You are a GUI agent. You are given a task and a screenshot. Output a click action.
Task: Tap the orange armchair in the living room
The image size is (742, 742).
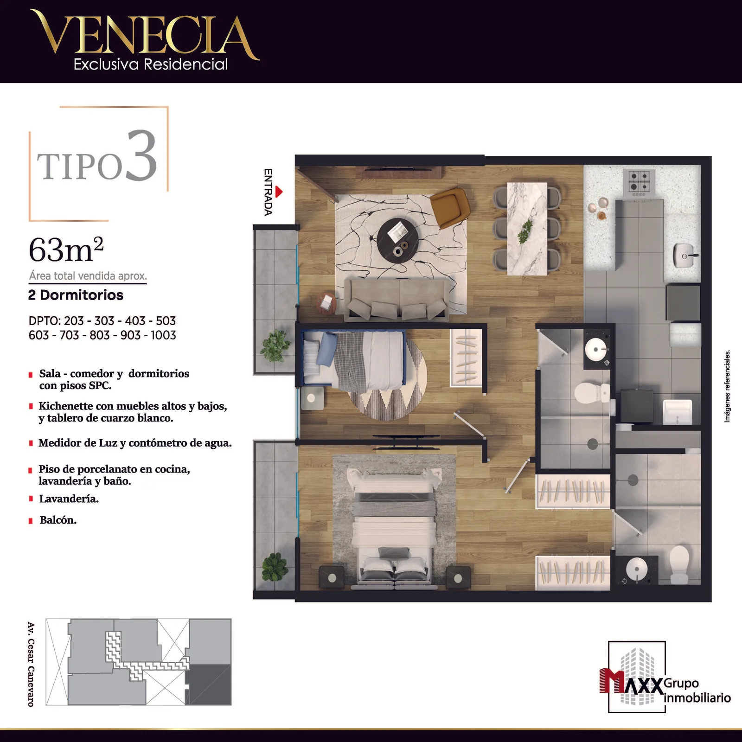pyautogui.click(x=450, y=207)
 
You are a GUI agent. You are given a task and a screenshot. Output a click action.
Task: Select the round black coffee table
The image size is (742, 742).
pyautogui.click(x=398, y=239)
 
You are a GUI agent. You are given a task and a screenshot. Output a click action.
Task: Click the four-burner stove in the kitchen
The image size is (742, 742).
pyautogui.click(x=641, y=181)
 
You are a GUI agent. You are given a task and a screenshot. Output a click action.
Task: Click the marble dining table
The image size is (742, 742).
pyautogui.click(x=527, y=229)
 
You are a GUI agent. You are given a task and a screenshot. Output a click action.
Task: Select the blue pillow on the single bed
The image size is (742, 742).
pyautogui.click(x=326, y=349)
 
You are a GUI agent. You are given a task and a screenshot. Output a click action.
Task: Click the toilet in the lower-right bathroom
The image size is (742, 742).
pyautogui.click(x=679, y=564)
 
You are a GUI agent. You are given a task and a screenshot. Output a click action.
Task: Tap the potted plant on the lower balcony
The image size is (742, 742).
pyautogui.click(x=275, y=567)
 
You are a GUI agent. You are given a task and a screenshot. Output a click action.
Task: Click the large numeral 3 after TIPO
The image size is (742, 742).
pyautogui.click(x=141, y=156)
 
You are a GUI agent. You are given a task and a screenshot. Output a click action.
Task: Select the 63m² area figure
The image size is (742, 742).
pyautogui.click(x=66, y=249)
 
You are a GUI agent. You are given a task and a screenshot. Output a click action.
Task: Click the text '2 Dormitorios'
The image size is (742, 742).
pyautogui.click(x=76, y=295)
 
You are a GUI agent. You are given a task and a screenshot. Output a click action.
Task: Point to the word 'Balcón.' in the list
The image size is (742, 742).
pyautogui.click(x=58, y=520)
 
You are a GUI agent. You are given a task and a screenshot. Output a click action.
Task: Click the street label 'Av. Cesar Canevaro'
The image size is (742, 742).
pyautogui.click(x=31, y=664)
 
